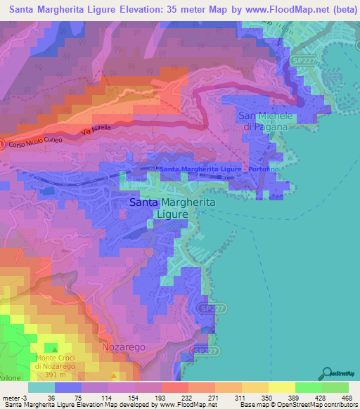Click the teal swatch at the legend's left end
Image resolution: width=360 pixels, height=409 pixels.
pyautogui.click(x=41, y=387)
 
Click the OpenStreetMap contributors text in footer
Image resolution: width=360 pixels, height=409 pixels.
pyautogui.click(x=318, y=404)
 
